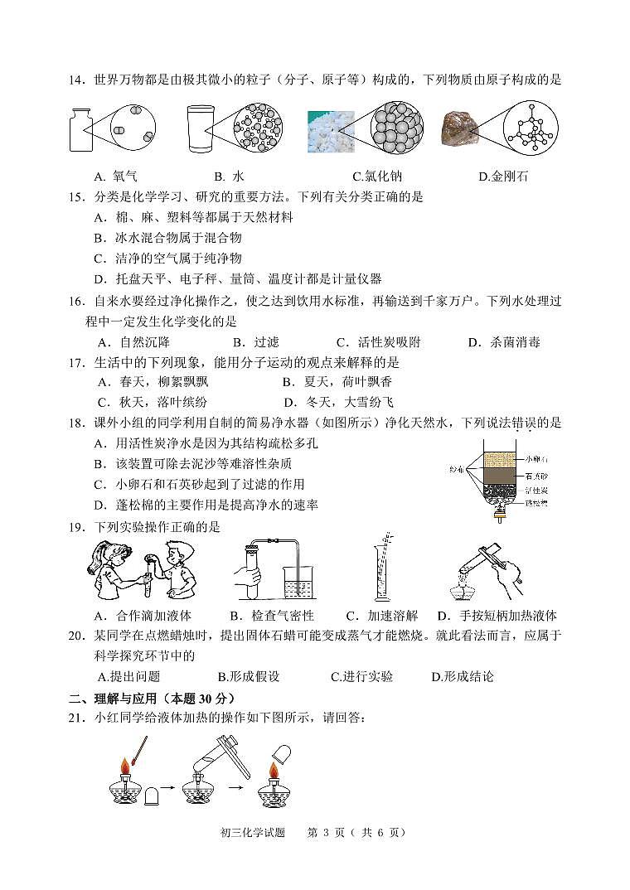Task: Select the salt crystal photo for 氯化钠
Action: tap(330, 132)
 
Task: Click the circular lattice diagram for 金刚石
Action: tap(534, 130)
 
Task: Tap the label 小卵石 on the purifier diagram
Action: tap(536, 459)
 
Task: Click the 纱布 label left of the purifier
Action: tap(455, 469)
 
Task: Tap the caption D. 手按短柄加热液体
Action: tap(497, 616)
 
